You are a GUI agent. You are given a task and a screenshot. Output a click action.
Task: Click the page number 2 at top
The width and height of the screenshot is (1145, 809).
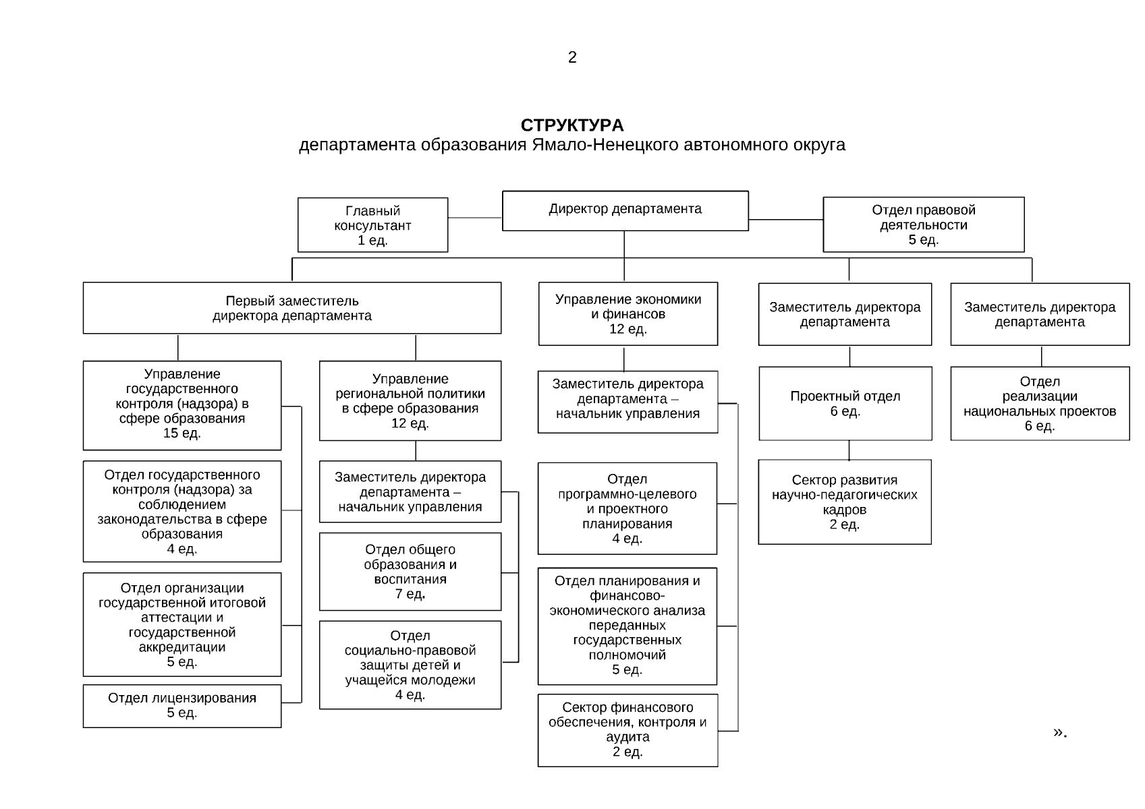click(x=572, y=58)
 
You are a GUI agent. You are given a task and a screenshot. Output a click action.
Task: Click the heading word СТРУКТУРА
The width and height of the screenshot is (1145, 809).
click(x=572, y=125)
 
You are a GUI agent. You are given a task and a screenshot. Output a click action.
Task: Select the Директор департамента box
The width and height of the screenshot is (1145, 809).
click(x=625, y=210)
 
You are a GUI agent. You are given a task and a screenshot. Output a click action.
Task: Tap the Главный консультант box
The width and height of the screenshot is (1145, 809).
click(x=372, y=225)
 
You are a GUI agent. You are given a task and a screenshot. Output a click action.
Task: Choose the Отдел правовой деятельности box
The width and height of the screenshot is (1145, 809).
click(x=923, y=225)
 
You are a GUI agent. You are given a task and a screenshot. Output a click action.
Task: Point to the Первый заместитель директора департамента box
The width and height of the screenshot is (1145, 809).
click(x=291, y=308)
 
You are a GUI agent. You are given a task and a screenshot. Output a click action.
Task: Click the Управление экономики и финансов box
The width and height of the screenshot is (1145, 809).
click(x=627, y=314)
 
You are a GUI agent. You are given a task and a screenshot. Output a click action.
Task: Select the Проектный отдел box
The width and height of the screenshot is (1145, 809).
click(x=845, y=403)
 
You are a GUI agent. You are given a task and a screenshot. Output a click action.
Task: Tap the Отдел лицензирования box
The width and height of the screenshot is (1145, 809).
click(x=181, y=706)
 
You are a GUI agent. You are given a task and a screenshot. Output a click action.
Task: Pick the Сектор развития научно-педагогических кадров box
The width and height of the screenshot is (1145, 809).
click(x=844, y=502)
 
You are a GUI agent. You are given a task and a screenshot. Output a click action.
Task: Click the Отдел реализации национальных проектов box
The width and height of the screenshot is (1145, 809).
click(x=1039, y=403)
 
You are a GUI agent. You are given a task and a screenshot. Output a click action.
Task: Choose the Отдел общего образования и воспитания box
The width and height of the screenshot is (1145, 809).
click(x=410, y=572)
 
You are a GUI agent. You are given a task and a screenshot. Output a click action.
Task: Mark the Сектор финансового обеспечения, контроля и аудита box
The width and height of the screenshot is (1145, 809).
click(x=627, y=730)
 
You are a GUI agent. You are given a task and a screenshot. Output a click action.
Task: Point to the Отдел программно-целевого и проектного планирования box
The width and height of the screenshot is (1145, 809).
click(x=627, y=508)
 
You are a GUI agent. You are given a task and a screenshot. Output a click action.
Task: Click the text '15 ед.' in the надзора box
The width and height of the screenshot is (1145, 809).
click(x=181, y=433)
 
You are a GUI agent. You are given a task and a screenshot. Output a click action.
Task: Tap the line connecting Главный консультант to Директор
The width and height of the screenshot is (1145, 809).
click(x=474, y=218)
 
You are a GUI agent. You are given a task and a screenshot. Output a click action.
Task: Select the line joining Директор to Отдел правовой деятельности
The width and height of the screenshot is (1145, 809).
click(x=785, y=219)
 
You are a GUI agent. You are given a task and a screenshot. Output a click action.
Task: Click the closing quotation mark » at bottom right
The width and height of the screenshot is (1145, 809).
click(x=1059, y=732)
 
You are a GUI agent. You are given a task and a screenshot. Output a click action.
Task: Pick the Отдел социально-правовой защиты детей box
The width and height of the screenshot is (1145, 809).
click(x=410, y=665)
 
